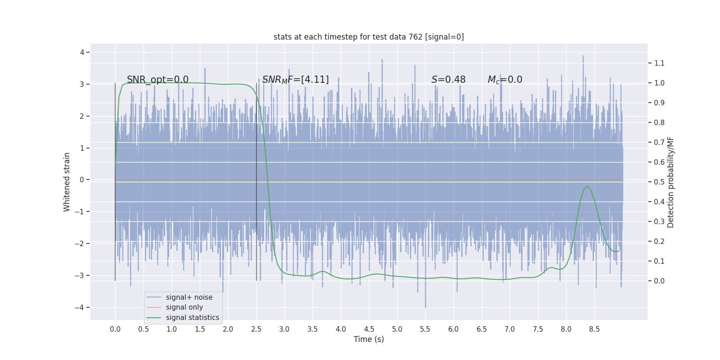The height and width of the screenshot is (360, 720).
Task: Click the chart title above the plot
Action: [369, 37]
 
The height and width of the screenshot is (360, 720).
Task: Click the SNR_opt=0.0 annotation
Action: [157, 80]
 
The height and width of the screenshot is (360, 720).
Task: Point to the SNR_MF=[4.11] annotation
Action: [295, 80]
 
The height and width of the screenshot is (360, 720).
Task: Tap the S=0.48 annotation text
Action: [448, 80]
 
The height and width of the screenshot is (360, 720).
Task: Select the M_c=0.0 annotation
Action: [504, 80]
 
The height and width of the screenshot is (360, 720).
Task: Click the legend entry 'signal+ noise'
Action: [189, 297]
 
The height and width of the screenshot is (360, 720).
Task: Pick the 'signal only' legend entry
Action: [184, 307]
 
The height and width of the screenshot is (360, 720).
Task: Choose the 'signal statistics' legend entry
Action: [192, 318]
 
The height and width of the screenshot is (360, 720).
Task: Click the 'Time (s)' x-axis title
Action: [369, 339]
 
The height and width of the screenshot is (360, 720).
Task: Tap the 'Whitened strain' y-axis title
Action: [67, 182]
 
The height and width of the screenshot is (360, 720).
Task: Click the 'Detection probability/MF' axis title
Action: [670, 182]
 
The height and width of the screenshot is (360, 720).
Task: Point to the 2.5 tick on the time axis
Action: [256, 329]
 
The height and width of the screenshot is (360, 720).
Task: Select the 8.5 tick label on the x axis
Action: [594, 329]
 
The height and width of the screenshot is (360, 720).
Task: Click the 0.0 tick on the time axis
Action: [115, 329]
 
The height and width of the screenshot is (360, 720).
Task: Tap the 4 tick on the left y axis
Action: [82, 52]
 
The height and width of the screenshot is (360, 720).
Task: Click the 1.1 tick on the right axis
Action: [659, 63]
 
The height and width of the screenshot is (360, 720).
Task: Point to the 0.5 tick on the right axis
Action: [659, 182]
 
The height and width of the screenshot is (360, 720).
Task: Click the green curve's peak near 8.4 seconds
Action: [587, 186]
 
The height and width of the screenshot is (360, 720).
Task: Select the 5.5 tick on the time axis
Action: [425, 329]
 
